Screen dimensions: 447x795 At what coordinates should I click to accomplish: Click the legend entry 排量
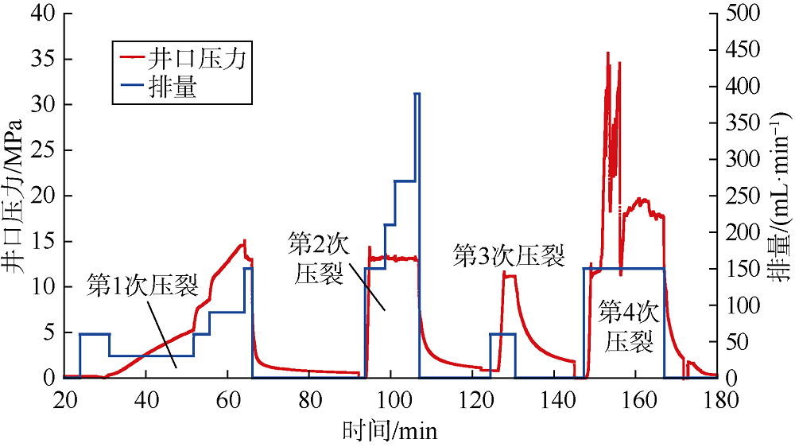172,86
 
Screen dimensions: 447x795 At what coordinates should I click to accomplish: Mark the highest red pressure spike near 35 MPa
608,53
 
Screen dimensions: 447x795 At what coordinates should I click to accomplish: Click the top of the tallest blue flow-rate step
417,94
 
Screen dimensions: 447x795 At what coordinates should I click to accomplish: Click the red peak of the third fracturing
503,273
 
